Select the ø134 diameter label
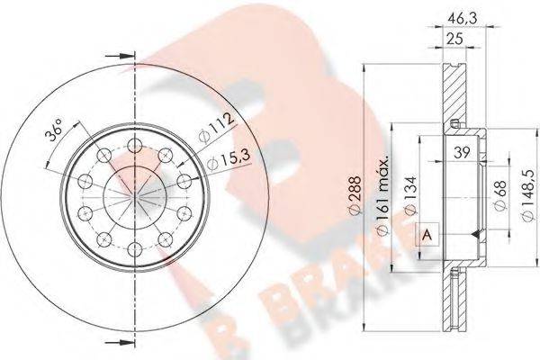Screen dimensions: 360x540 pyautogui.click(x=409, y=193)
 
